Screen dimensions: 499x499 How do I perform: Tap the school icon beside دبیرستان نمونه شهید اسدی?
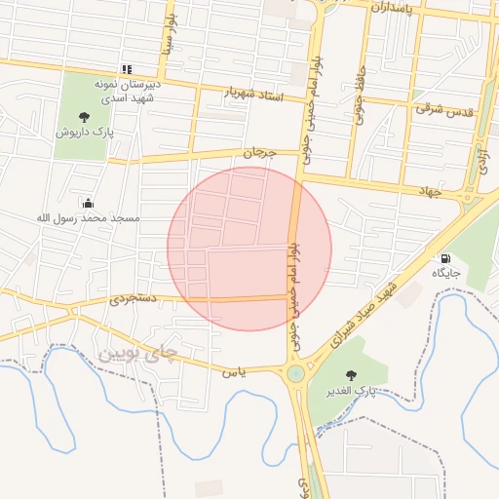[x=126, y=69]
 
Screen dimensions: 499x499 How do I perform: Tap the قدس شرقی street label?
[x=443, y=109]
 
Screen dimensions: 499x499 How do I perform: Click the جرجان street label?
[x=260, y=153]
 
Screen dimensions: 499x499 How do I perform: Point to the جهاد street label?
[x=430, y=192]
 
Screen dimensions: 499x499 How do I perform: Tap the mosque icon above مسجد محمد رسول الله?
[x=89, y=203]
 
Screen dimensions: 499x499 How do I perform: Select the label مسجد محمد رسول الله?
[x=89, y=217]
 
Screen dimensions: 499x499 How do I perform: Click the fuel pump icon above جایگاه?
[x=446, y=259]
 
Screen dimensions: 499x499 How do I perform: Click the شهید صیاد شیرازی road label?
[x=365, y=312]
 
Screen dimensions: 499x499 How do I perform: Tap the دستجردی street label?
[x=132, y=299]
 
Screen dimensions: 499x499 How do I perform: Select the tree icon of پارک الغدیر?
[x=351, y=374]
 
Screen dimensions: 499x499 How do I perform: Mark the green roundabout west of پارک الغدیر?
[x=295, y=374]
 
